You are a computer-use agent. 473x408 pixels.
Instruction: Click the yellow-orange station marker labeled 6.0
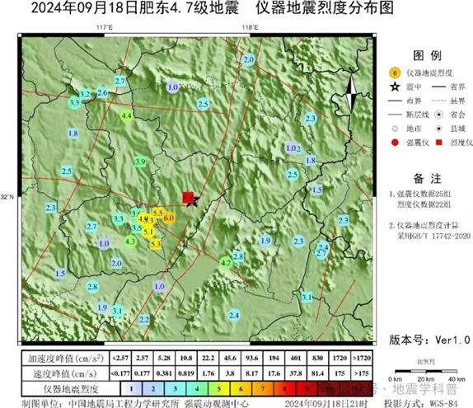[168, 218]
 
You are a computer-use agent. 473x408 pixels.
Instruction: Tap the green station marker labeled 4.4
[126, 117]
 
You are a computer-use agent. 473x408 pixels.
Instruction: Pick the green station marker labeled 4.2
[227, 262]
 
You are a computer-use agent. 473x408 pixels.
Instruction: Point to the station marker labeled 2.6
[103, 93]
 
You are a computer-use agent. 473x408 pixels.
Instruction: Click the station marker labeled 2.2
[144, 319]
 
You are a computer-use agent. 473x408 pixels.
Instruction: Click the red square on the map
[188, 197]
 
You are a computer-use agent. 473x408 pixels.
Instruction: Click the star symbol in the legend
[394, 85]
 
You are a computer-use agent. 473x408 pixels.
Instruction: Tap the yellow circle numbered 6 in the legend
[394, 72]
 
